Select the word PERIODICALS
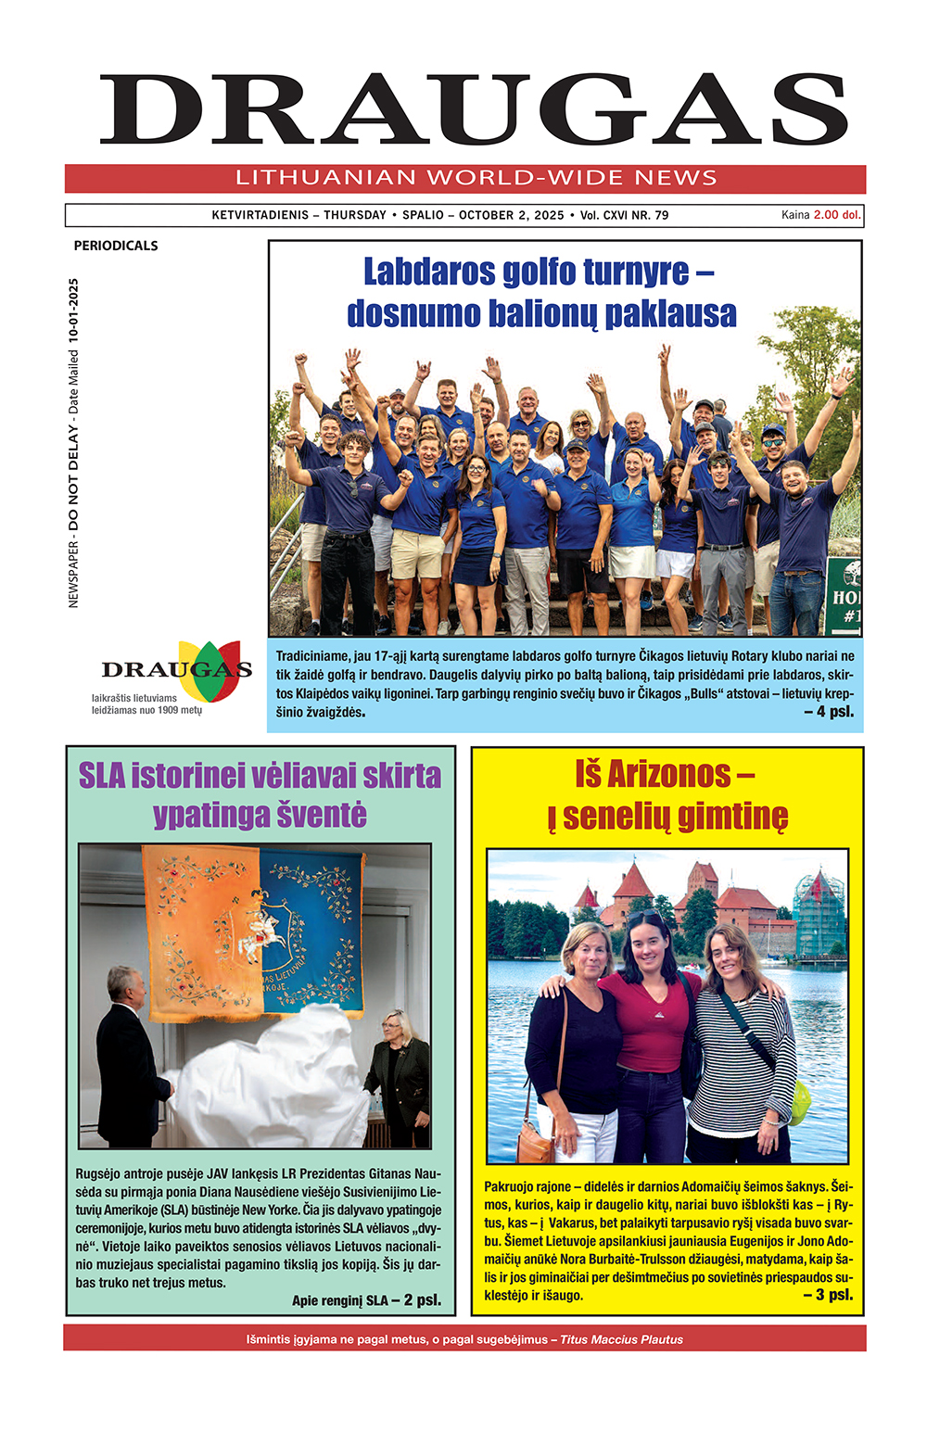(x=116, y=246)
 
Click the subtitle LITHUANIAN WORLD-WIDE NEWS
(x=476, y=178)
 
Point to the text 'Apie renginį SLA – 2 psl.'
(x=366, y=1300)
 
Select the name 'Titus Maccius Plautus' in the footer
(x=621, y=1339)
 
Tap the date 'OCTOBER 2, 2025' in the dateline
(x=511, y=215)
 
